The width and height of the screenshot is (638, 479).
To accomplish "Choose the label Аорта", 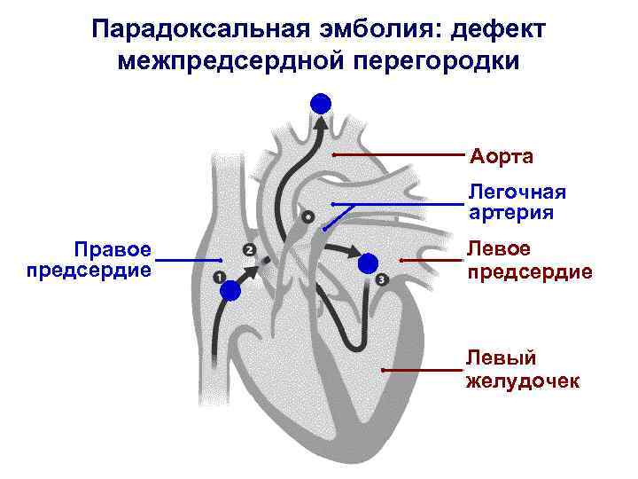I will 502,157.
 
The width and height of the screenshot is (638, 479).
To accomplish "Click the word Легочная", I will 517,192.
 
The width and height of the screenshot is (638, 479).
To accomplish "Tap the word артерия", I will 511,213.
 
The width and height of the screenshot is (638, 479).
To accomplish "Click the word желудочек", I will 523,381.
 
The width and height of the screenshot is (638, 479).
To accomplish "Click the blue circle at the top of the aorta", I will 321,104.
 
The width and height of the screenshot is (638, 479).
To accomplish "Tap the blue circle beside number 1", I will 231,290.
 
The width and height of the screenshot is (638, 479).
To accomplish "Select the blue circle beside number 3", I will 368,263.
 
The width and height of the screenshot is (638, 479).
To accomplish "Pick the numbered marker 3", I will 382,280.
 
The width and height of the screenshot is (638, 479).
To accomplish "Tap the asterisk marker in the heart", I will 307,216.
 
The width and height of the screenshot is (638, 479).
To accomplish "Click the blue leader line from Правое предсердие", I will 188,260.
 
